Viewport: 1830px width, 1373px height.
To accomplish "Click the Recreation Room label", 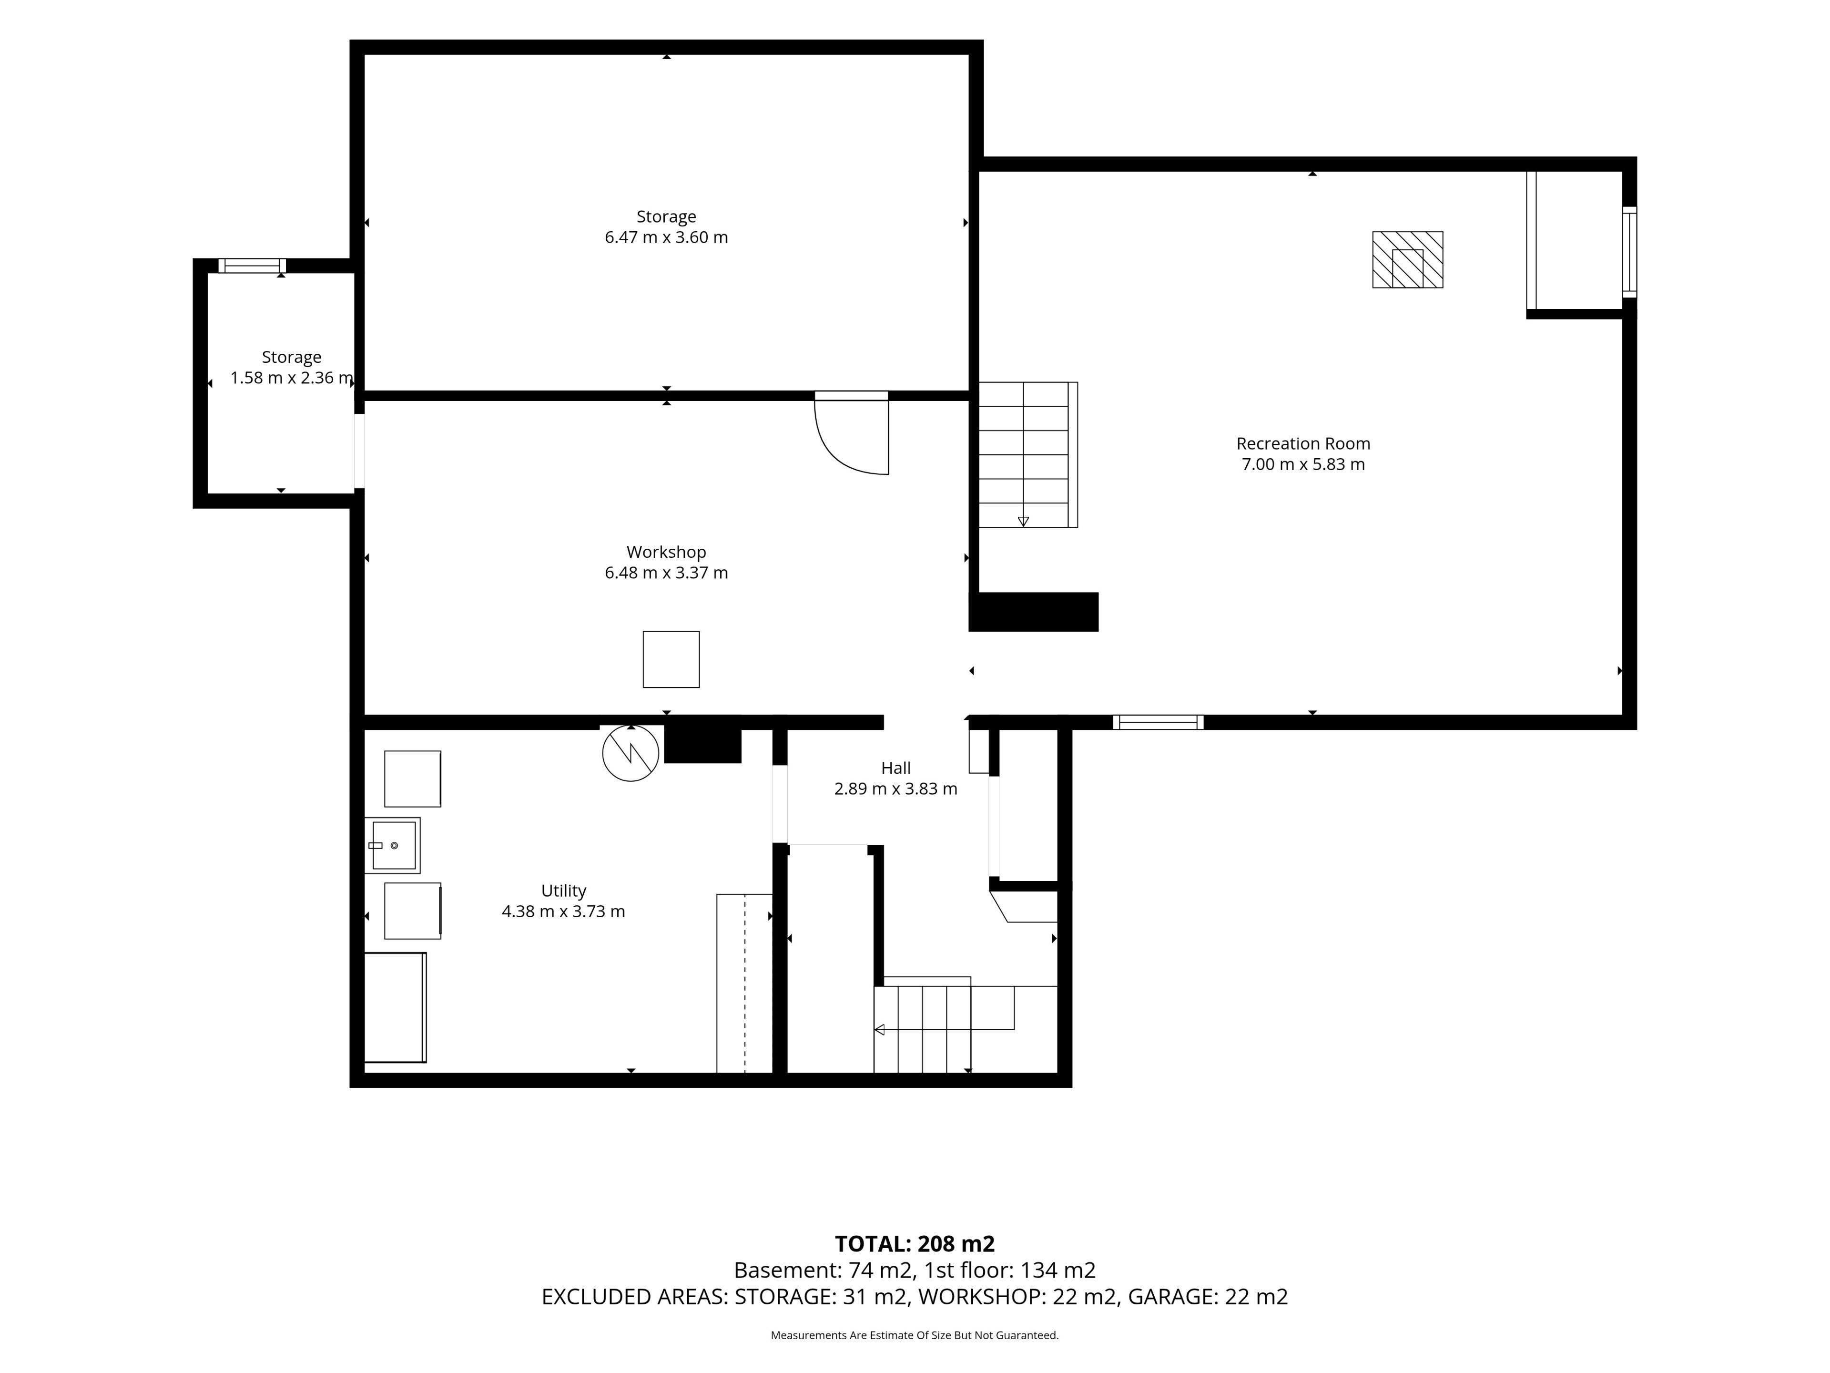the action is point(1303,443).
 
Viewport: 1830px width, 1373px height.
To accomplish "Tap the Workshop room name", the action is point(666,552).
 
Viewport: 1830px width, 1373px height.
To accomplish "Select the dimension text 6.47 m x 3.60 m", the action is point(666,237).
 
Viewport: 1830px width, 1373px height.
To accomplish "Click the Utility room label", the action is point(563,891).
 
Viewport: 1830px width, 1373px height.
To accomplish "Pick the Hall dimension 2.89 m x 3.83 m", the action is point(895,789).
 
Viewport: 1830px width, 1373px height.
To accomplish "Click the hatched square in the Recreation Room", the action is point(1407,260).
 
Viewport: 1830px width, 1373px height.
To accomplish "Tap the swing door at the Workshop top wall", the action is point(851,434).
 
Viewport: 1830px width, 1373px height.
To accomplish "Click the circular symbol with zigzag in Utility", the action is point(630,753).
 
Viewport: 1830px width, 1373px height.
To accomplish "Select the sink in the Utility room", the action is point(394,845).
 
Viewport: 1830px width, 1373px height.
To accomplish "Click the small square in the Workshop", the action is point(671,660).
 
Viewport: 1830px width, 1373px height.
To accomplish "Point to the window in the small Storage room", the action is point(252,266).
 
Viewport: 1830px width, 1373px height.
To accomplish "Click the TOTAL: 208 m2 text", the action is point(914,1244).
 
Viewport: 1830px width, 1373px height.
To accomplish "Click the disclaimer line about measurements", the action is point(914,1335).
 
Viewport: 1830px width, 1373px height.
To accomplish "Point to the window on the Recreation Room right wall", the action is point(1629,252).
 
